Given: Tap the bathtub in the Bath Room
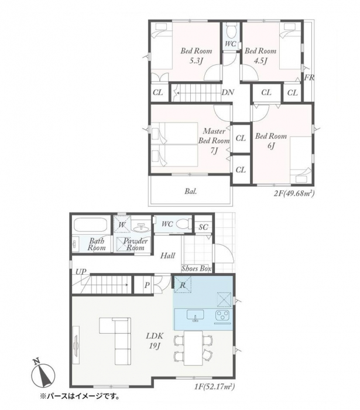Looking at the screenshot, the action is [x=90, y=224].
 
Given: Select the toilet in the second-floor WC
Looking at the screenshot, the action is [x=231, y=31].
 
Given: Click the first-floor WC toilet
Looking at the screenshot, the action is [x=183, y=224].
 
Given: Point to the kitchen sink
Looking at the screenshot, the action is [x=195, y=315].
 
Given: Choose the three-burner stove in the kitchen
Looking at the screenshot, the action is [x=222, y=315].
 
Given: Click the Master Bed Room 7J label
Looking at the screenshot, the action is [x=214, y=141].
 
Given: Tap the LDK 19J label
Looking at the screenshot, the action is [x=155, y=341].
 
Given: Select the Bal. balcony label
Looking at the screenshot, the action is [x=191, y=192].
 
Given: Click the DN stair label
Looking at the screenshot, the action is [x=228, y=93].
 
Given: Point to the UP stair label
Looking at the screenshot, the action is [x=81, y=272].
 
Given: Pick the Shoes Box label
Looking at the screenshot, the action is [x=197, y=268].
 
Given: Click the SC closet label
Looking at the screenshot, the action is [x=203, y=227].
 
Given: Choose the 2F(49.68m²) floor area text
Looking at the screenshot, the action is [x=294, y=193].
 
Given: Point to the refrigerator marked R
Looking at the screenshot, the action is [x=183, y=285].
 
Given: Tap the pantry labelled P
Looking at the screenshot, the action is [x=147, y=285].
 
